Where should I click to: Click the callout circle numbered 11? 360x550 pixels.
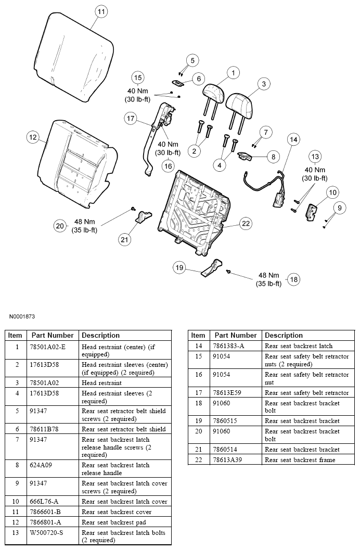click(101, 12)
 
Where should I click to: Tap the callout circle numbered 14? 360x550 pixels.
click(294, 139)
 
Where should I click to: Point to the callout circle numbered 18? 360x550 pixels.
click(294, 279)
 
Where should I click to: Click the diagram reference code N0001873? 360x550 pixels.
click(22, 316)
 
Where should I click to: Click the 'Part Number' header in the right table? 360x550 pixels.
click(236, 335)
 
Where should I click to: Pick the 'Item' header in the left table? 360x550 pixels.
click(15, 335)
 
